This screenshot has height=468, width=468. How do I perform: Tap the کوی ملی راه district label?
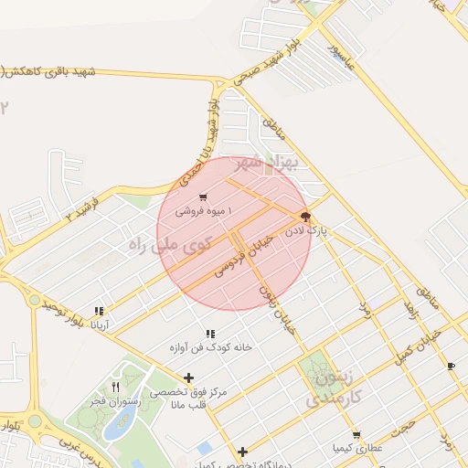(170, 244)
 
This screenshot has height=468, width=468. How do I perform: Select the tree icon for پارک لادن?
(304, 217)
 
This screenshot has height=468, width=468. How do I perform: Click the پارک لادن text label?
(304, 232)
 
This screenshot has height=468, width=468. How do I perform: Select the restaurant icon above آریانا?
(99, 311)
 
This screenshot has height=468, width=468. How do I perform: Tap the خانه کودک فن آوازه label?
(209, 347)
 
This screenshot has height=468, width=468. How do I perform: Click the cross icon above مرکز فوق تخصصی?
(189, 378)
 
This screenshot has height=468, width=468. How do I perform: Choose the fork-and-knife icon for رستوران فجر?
(116, 388)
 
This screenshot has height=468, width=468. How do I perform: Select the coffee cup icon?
(452, 366)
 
